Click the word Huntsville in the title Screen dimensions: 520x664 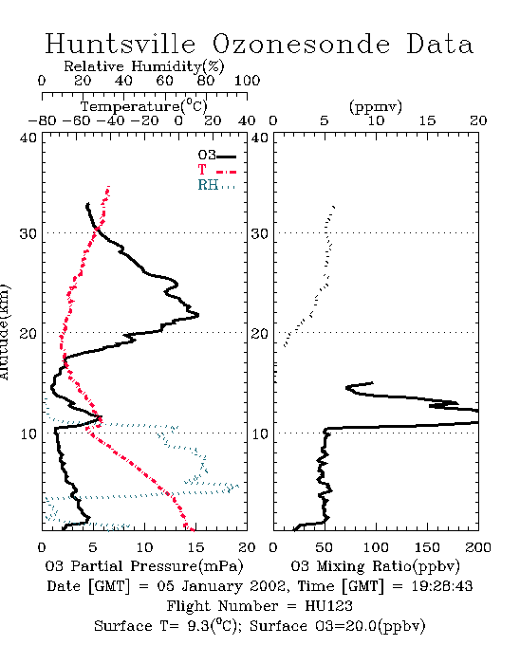click(x=121, y=44)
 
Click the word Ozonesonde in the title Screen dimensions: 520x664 click(x=300, y=44)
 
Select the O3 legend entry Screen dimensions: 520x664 click(x=216, y=156)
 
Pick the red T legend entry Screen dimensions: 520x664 click(x=216, y=170)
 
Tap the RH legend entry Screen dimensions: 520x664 click(x=216, y=185)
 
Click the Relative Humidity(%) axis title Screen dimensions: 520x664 click(x=144, y=66)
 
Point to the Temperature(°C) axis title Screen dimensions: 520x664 click(x=144, y=106)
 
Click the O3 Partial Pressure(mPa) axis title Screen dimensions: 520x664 click(x=144, y=566)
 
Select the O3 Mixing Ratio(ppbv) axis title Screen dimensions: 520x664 click(x=375, y=566)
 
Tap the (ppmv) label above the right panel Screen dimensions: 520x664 click(x=375, y=106)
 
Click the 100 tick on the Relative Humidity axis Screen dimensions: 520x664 click(x=247, y=81)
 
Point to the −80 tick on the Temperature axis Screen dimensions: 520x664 click(x=42, y=120)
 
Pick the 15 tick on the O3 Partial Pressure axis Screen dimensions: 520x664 click(x=195, y=547)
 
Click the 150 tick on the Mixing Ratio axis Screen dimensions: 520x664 click(x=427, y=547)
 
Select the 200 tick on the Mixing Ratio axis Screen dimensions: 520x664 click(x=478, y=547)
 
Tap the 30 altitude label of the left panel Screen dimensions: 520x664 click(x=28, y=233)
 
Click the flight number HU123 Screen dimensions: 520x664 click(x=328, y=606)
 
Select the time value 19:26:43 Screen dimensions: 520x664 click(x=442, y=586)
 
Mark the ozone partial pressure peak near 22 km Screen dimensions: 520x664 click(x=198, y=315)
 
